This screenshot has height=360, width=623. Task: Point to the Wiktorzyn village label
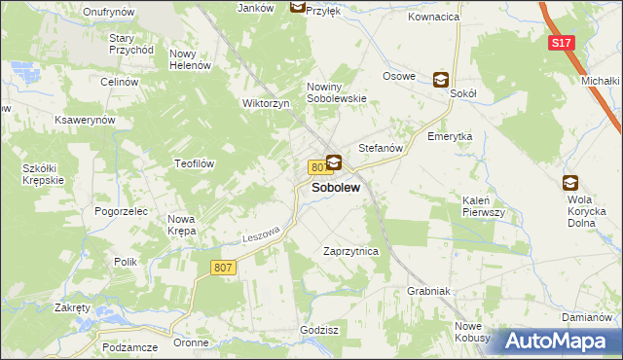(x=267, y=103)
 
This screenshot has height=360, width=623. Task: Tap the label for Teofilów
(x=195, y=163)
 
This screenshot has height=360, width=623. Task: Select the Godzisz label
(x=319, y=330)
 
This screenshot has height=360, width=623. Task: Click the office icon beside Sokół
(x=440, y=81)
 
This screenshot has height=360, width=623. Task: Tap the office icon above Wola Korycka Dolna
(x=570, y=181)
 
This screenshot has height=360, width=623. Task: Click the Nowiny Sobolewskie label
(x=337, y=92)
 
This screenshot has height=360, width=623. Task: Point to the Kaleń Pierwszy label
(x=481, y=205)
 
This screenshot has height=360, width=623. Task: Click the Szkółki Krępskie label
(x=43, y=174)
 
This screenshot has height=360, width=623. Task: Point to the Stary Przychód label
(x=131, y=43)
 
